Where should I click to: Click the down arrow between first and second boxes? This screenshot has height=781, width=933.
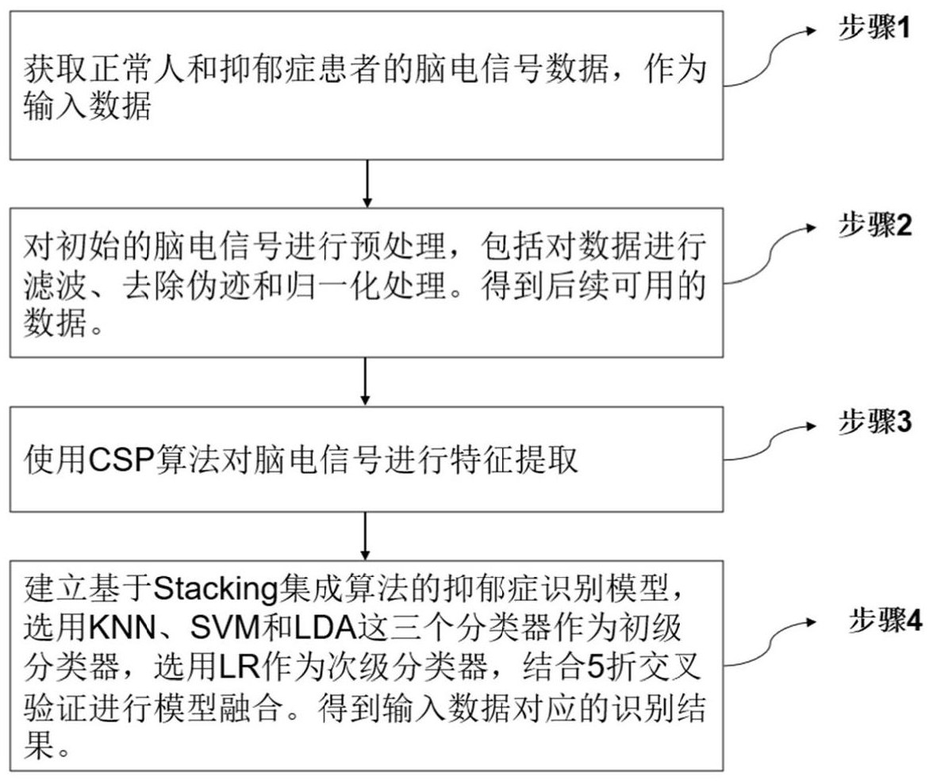(x=367, y=183)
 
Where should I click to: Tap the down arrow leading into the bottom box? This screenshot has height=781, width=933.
(x=367, y=536)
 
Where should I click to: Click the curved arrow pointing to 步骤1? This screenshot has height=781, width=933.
(x=770, y=56)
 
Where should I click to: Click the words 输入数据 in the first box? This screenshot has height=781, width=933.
(x=86, y=107)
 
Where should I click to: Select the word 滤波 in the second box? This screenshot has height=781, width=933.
(x=49, y=283)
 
